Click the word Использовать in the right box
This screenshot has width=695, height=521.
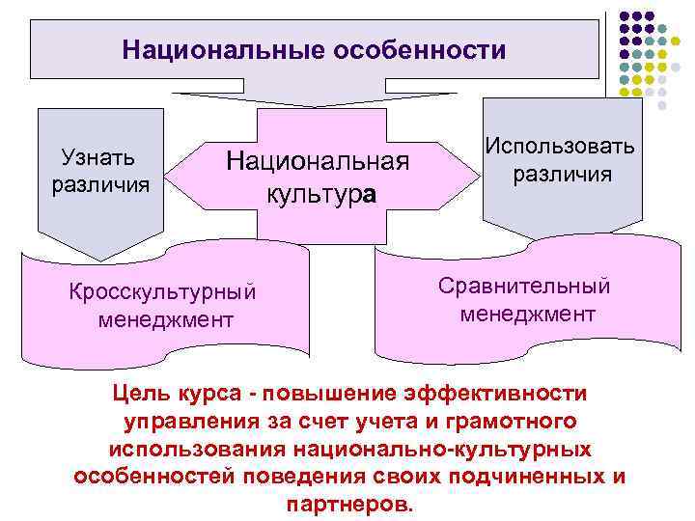(560, 147)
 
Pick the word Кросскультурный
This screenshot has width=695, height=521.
(165, 291)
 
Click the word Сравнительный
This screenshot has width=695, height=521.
(524, 288)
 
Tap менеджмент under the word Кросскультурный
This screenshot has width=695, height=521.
(165, 318)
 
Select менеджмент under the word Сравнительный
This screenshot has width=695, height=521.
(528, 315)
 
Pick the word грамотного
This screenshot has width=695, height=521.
(511, 423)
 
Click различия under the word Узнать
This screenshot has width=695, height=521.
(100, 183)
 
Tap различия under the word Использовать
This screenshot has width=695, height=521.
(563, 175)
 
